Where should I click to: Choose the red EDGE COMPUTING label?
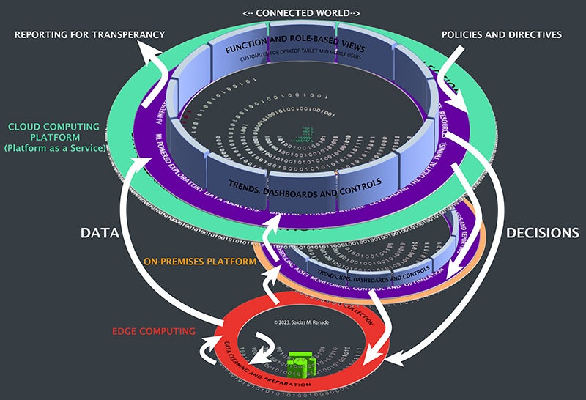pyautogui.click(x=151, y=331)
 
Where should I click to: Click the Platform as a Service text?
pyautogui.click(x=55, y=149)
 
